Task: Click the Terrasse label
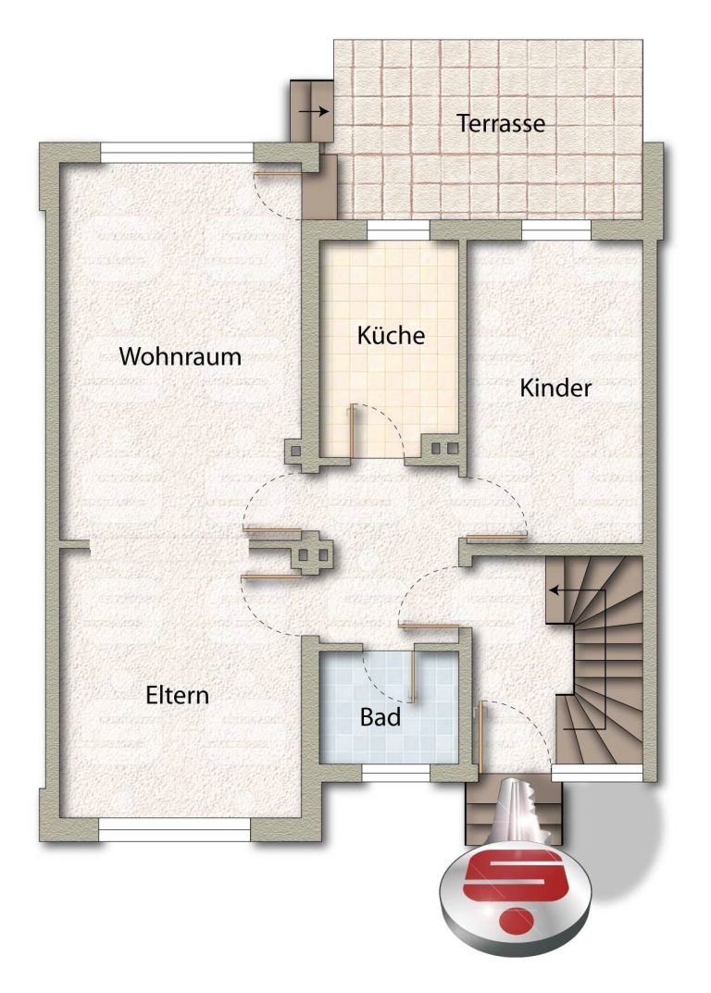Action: [501, 123]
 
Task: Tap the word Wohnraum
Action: [180, 356]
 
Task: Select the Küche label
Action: [391, 334]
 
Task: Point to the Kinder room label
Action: [555, 388]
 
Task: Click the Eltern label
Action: [178, 695]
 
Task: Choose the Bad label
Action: [380, 717]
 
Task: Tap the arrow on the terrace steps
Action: [315, 111]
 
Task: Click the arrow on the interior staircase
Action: [578, 590]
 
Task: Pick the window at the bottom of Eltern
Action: [174, 829]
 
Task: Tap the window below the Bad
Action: [396, 772]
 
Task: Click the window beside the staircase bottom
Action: [597, 772]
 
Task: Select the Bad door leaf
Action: [413, 676]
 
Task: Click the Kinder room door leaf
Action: [496, 538]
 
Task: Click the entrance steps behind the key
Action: [514, 813]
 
